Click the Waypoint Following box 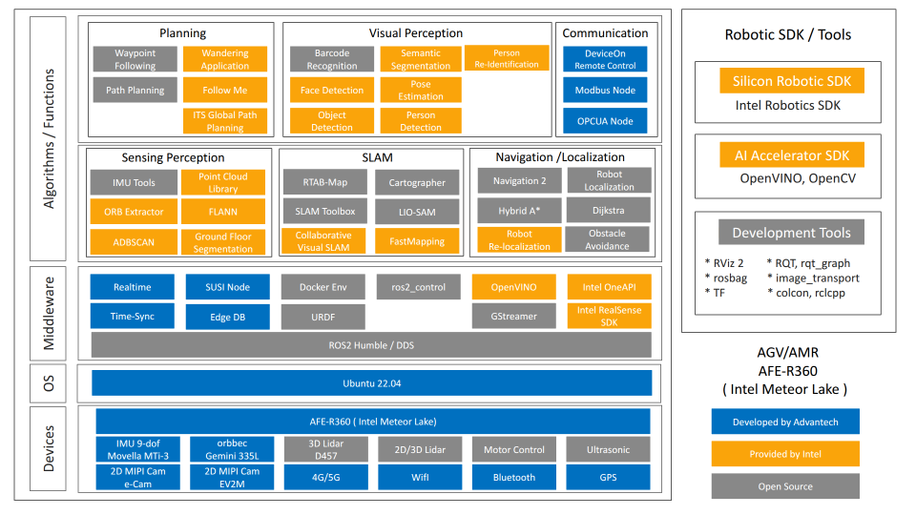tap(135, 59)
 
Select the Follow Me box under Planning tap(224, 91)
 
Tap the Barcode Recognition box tap(332, 59)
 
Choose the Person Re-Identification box tap(506, 59)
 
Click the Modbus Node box tap(604, 91)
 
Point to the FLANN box tap(222, 212)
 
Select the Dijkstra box tap(608, 211)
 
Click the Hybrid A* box tap(519, 211)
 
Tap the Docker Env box tap(323, 287)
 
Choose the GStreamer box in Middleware tap(512, 317)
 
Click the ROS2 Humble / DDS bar tap(371, 344)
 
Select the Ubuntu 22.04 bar tap(371, 383)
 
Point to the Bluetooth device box tap(513, 477)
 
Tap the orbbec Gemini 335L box tap(230, 449)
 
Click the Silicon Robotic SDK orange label tap(791, 81)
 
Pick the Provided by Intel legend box tap(785, 454)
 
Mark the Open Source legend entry tap(785, 486)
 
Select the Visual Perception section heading tap(416, 33)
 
